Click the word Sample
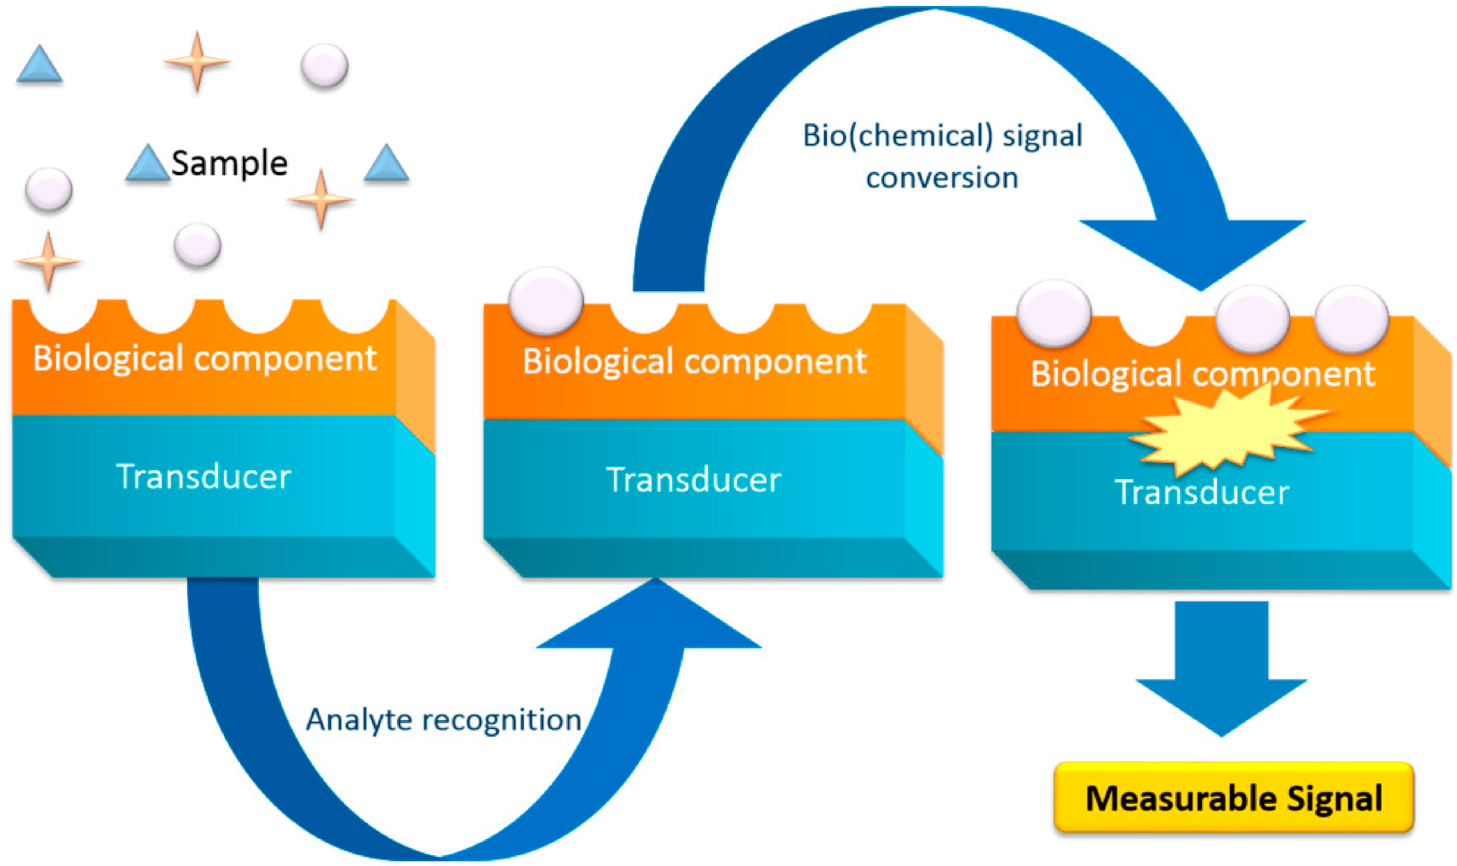(x=229, y=163)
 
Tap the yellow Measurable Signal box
(x=1233, y=797)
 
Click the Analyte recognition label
(x=443, y=719)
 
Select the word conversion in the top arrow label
(x=941, y=177)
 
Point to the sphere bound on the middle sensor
(x=545, y=301)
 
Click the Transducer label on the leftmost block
(x=203, y=476)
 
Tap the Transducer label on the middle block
(x=693, y=480)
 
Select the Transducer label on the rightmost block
(x=1201, y=492)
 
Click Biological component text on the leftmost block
(x=204, y=358)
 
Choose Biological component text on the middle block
(x=694, y=361)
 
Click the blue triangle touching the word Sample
(x=147, y=165)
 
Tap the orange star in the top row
(x=197, y=61)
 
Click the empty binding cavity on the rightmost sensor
(x=1152, y=330)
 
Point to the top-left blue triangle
(x=39, y=65)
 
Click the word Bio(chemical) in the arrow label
(x=897, y=135)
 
